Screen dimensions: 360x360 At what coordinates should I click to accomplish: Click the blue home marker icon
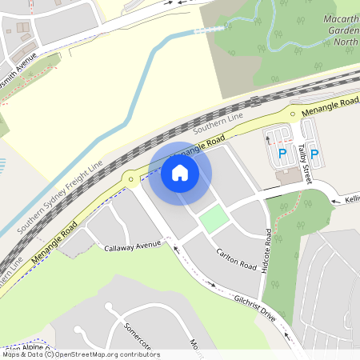tap(180, 172)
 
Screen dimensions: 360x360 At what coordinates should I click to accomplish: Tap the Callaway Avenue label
tap(133, 248)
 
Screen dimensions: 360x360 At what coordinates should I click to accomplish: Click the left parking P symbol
tap(282, 153)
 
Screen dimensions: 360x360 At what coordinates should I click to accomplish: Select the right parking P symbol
tap(314, 153)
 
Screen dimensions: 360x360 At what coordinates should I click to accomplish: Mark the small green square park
tap(212, 218)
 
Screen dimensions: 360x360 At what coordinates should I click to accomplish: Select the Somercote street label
tap(138, 335)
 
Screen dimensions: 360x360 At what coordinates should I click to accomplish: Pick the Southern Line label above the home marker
tap(217, 123)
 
